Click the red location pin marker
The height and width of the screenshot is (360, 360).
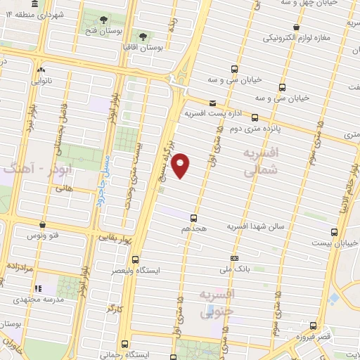coord(181,165)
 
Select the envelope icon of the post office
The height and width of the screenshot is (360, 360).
coord(212,102)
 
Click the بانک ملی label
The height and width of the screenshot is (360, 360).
coord(236,269)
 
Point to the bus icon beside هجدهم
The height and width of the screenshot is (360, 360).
coord(194,219)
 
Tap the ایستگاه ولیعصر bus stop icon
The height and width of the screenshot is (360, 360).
coord(135,259)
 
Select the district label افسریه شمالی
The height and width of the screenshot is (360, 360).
coord(257,160)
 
